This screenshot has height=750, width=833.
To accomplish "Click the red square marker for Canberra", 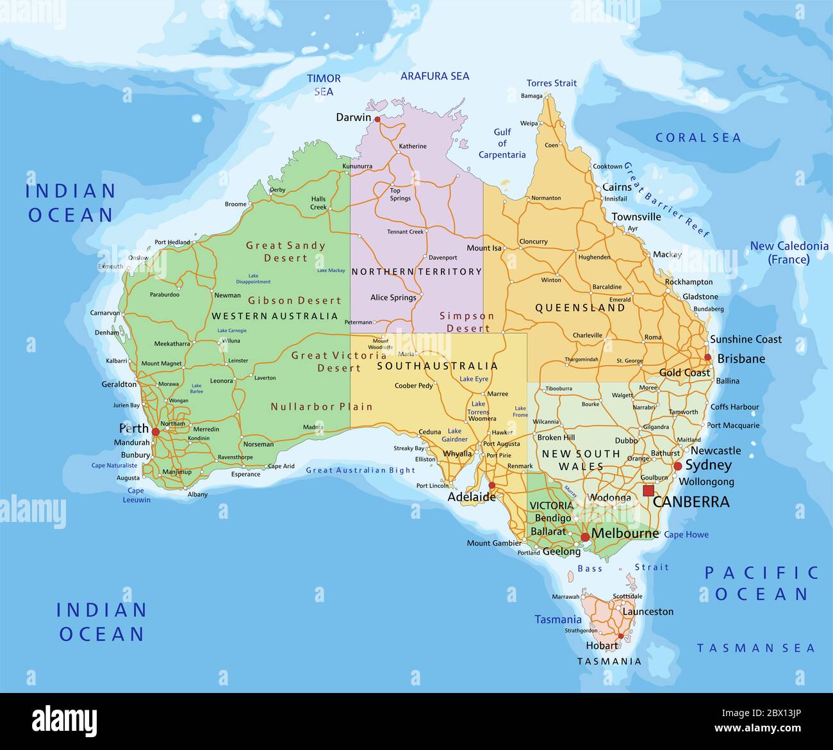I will [x=648, y=491].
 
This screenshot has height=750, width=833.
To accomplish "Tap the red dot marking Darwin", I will [x=377, y=119].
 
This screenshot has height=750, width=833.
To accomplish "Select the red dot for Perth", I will [x=155, y=432].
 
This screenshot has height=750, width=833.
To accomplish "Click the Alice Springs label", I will [x=393, y=297].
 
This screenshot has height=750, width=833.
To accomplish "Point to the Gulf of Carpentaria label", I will [x=502, y=143].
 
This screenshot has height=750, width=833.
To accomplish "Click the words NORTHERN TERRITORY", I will [x=416, y=272].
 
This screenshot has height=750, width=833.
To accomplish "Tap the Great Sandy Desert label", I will [x=286, y=251].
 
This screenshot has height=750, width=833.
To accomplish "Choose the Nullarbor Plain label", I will [x=322, y=407].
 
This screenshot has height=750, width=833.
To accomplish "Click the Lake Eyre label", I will [x=474, y=379].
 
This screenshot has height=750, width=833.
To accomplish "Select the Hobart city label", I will [x=602, y=646].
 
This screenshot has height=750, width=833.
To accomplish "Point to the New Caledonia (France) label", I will [x=789, y=252].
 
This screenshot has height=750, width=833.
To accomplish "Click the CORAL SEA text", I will [x=698, y=138].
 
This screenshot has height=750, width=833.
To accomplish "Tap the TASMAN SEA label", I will [x=755, y=648].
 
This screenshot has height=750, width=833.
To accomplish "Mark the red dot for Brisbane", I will [x=707, y=357].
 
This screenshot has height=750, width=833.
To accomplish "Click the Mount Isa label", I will [x=484, y=248].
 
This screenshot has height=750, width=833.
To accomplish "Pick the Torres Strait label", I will [x=551, y=83].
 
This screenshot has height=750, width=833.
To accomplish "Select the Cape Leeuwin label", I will [x=136, y=495].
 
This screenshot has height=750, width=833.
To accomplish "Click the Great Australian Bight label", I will [x=360, y=470].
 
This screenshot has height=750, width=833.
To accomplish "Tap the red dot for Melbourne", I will [x=585, y=537].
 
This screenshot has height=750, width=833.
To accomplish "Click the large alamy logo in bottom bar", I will [x=65, y=721].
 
